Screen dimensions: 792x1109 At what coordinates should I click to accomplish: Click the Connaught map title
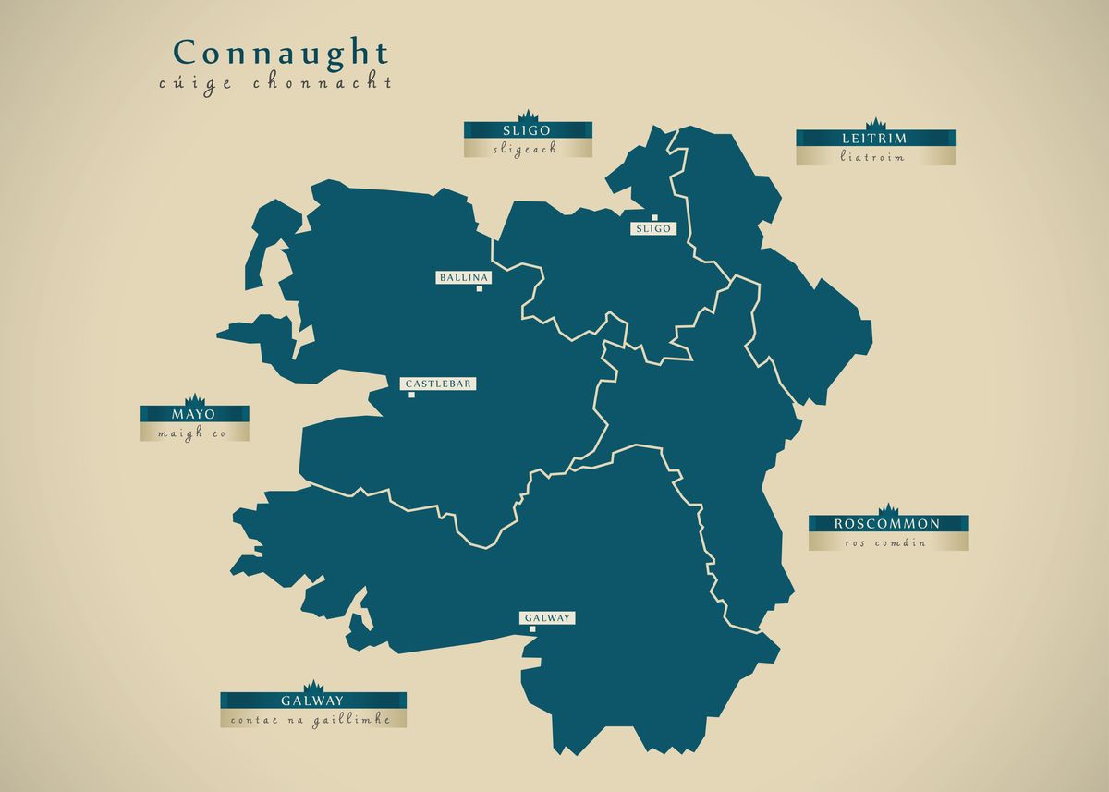(x=281, y=52)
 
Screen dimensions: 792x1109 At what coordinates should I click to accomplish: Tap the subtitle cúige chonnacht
(x=274, y=83)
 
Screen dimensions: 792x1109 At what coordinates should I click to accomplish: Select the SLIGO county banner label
(x=528, y=130)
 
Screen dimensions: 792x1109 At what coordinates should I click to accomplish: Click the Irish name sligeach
(x=527, y=149)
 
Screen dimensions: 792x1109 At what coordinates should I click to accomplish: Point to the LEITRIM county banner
(x=874, y=139)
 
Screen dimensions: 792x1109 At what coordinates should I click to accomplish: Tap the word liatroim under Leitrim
(x=874, y=157)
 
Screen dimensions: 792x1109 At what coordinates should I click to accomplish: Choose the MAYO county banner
(x=194, y=414)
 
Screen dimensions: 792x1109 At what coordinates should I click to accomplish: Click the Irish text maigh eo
(x=193, y=433)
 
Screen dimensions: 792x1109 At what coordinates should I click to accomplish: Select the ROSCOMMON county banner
(x=887, y=523)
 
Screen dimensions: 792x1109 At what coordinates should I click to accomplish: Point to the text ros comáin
(x=886, y=542)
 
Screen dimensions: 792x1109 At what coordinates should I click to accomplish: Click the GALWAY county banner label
(x=312, y=701)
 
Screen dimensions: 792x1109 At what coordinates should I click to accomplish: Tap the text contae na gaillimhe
(x=312, y=719)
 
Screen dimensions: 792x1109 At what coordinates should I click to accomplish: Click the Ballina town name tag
(x=464, y=277)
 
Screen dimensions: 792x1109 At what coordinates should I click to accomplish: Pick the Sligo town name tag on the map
(x=652, y=228)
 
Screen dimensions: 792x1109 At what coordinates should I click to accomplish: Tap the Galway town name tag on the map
(x=548, y=618)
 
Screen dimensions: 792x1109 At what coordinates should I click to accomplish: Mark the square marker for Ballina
(x=480, y=288)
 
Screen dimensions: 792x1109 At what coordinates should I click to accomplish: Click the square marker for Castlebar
(x=411, y=395)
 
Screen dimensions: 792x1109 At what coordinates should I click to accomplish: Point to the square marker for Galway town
(x=532, y=629)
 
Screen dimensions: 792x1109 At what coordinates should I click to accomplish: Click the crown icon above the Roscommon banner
(x=888, y=509)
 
